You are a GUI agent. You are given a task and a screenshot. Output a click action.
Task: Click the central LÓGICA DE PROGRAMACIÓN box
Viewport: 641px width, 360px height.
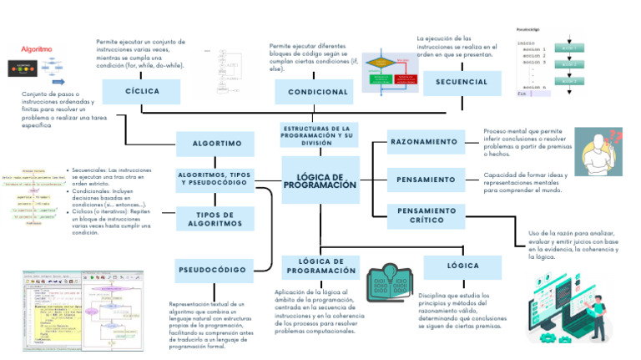tap(320, 180)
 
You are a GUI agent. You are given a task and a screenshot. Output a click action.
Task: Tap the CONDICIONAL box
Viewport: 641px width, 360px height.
tap(317, 91)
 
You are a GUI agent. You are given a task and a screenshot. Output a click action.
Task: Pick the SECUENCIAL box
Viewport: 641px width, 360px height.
tap(462, 82)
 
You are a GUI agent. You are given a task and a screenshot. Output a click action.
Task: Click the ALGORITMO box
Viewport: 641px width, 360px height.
tap(216, 144)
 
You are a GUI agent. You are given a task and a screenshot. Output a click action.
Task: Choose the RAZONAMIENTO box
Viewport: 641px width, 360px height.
tap(425, 142)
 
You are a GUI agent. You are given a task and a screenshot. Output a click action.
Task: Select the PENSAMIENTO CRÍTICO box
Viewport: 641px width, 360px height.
tap(426, 215)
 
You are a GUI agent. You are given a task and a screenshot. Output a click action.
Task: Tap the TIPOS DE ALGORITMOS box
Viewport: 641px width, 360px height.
tap(215, 220)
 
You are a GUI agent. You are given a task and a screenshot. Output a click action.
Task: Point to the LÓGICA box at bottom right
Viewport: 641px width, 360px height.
tap(462, 266)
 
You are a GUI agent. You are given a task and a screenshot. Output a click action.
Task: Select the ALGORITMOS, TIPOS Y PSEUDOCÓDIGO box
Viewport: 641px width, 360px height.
tap(215, 179)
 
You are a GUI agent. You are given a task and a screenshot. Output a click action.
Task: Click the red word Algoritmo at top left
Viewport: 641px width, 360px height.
tap(37, 49)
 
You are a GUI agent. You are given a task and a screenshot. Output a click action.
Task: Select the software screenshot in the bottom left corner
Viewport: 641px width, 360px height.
tap(83, 310)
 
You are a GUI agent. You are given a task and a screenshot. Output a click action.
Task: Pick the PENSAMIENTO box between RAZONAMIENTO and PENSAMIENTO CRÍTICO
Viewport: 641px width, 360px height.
tap(426, 180)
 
